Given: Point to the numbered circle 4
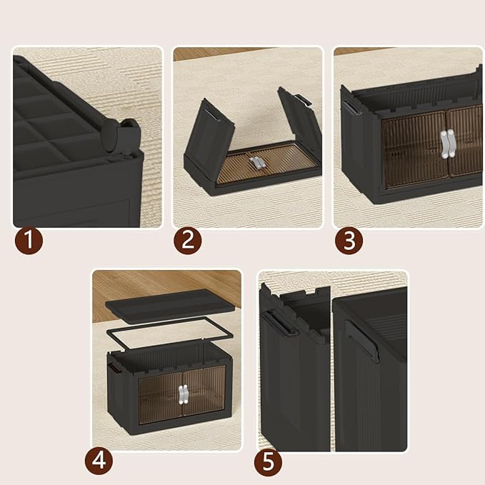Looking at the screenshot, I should (x=99, y=461).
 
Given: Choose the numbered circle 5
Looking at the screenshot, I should (x=268, y=461).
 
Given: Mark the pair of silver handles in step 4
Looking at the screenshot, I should (x=183, y=395).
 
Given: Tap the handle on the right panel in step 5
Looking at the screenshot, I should (x=362, y=341).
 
